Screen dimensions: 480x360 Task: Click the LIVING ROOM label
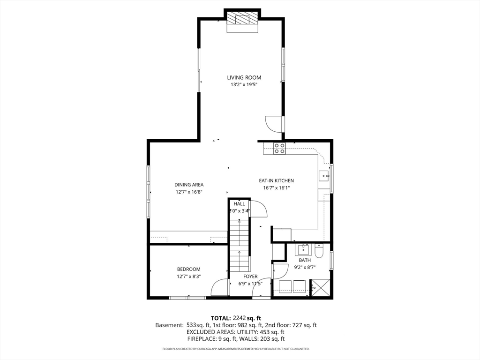click(244, 78)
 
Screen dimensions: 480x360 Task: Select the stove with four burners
click(279, 149)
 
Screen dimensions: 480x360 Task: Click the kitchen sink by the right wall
click(323, 176)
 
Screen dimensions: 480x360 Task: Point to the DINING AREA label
click(189, 185)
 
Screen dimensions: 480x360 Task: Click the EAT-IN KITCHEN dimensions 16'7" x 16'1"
click(277, 188)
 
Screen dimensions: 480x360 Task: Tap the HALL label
click(239, 204)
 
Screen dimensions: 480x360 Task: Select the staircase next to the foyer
click(240, 245)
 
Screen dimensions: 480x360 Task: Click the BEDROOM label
click(188, 269)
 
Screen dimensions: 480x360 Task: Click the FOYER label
click(250, 277)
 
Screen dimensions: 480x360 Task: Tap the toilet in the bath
click(318, 250)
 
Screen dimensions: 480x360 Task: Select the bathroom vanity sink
click(303, 250)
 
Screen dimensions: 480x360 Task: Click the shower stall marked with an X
click(320, 288)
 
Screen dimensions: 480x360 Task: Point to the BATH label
click(305, 260)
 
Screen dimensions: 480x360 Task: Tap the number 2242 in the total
click(239, 318)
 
